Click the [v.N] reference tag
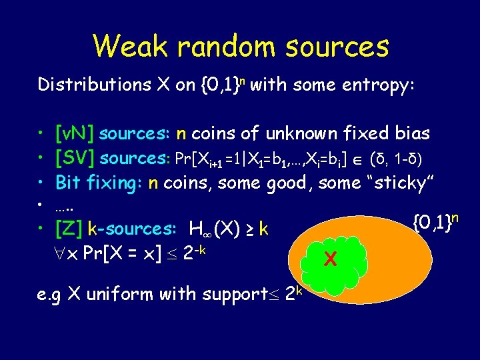tap(76, 134)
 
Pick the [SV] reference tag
tap(75, 158)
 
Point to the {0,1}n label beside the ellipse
tap(437, 221)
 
